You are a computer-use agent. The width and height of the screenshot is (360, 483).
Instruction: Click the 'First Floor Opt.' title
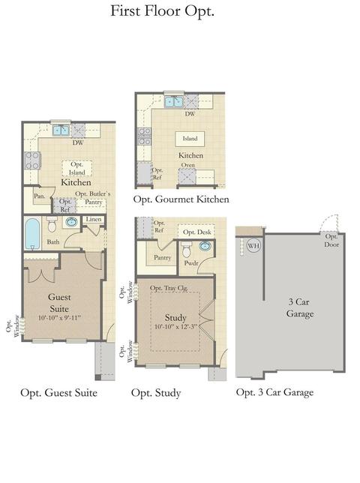coord(162,11)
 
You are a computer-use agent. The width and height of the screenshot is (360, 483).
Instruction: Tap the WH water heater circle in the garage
coord(253,245)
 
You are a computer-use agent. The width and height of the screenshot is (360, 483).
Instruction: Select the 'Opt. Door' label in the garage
coord(331,241)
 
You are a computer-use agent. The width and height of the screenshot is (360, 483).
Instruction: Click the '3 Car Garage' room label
coord(300,307)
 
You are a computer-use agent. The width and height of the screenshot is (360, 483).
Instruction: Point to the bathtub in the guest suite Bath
coord(32,234)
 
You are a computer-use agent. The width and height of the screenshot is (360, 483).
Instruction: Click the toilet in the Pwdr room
coord(187,250)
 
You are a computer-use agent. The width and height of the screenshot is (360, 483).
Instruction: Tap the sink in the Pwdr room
coord(205,246)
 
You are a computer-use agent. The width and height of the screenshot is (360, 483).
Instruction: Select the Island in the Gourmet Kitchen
coord(190,139)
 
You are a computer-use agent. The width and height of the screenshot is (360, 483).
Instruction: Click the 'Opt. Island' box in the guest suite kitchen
coord(76,168)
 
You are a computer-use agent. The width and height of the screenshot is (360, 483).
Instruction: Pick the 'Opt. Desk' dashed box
coord(196,232)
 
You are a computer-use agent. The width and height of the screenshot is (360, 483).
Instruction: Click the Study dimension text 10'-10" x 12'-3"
coord(175,327)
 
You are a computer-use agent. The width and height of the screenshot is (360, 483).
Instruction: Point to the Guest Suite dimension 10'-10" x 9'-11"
coord(59,317)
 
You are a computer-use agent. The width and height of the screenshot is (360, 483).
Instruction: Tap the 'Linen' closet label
coord(94,219)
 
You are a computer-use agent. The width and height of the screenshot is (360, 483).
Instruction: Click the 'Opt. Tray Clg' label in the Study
coord(169,288)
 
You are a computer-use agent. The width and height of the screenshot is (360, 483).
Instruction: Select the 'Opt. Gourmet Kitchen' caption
coord(181,199)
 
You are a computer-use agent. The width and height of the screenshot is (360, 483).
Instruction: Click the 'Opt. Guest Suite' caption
coord(58,393)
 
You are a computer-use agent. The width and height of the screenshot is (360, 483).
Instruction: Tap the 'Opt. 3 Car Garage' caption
coord(274,392)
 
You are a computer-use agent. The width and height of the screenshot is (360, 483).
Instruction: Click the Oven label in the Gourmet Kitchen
coord(187,165)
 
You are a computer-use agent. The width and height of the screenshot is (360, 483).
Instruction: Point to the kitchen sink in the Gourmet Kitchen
coord(174,101)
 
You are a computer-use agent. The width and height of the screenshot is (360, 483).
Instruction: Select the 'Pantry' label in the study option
coord(162,257)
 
